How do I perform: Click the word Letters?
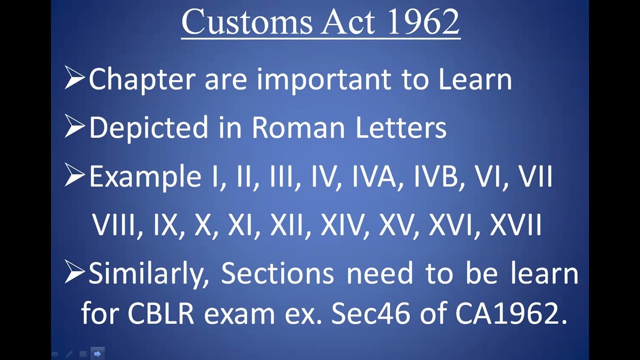coord(400,128)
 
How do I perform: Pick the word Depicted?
coord(148,128)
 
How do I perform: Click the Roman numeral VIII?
coord(114,225)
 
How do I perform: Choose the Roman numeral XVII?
coord(515,225)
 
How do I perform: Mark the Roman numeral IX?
coord(165,225)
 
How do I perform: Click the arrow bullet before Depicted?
coord(74,127)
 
